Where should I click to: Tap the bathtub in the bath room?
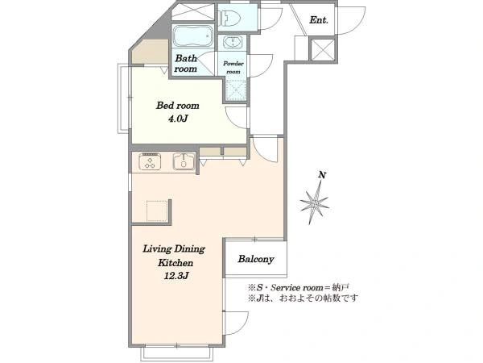[193, 35]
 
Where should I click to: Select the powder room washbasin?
[232, 42]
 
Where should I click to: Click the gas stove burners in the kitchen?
[150, 161]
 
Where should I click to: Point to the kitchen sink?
[184, 161]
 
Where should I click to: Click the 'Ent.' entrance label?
[319, 20]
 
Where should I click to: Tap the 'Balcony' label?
[256, 259]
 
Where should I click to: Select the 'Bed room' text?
[177, 106]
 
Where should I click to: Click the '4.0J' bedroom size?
[178, 119]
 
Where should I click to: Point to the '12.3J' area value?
[175, 276]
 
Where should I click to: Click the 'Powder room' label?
[233, 67]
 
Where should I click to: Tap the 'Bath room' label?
[185, 63]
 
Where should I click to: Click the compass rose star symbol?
[315, 203]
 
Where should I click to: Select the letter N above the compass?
[322, 175]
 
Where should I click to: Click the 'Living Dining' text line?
[174, 249]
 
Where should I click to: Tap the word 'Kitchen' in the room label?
[175, 263]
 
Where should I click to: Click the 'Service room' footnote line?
[299, 288]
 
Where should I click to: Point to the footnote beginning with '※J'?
[303, 298]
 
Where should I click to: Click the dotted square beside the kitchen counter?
[157, 211]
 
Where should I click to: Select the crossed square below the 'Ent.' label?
[323, 48]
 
